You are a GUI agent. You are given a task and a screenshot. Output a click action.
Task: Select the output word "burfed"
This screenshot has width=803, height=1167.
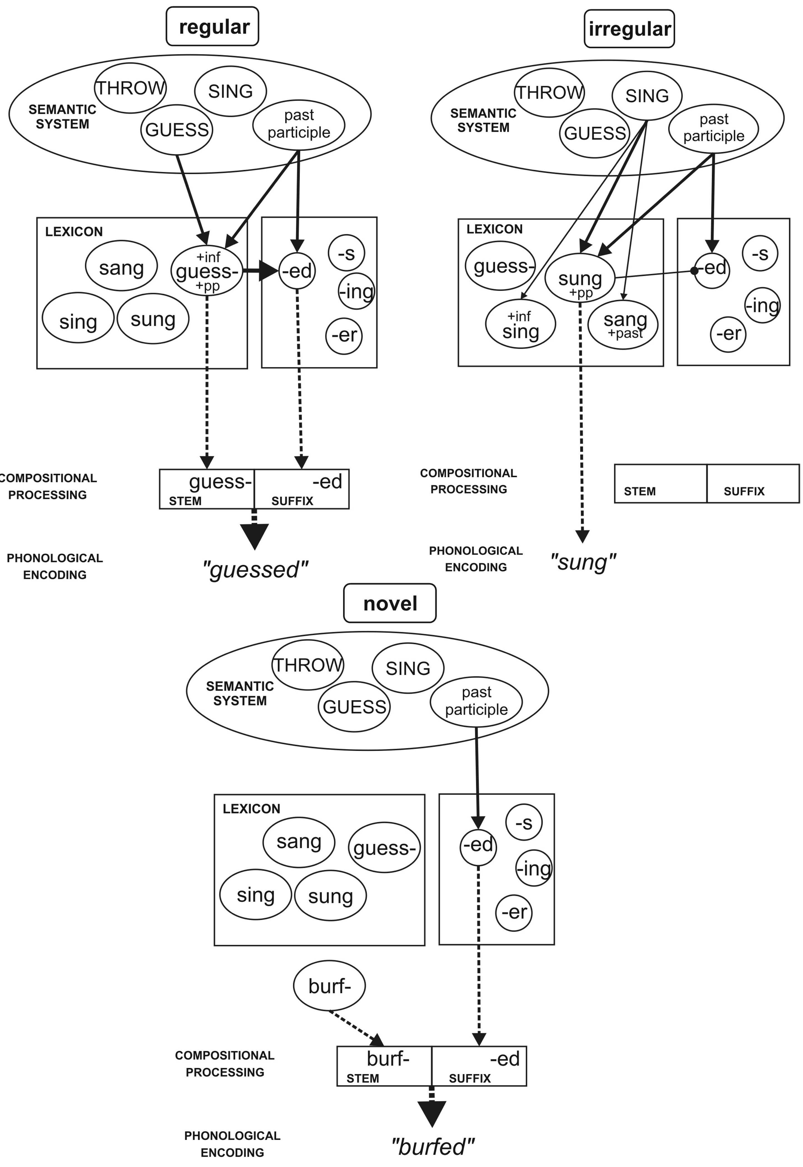point(433,1146)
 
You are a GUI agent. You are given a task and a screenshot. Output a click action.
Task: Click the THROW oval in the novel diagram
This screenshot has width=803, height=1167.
point(307,665)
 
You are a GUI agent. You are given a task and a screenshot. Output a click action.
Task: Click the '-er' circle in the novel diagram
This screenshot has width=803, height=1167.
point(514,912)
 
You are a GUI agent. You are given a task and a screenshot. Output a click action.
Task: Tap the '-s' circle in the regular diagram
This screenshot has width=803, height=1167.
point(346,253)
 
